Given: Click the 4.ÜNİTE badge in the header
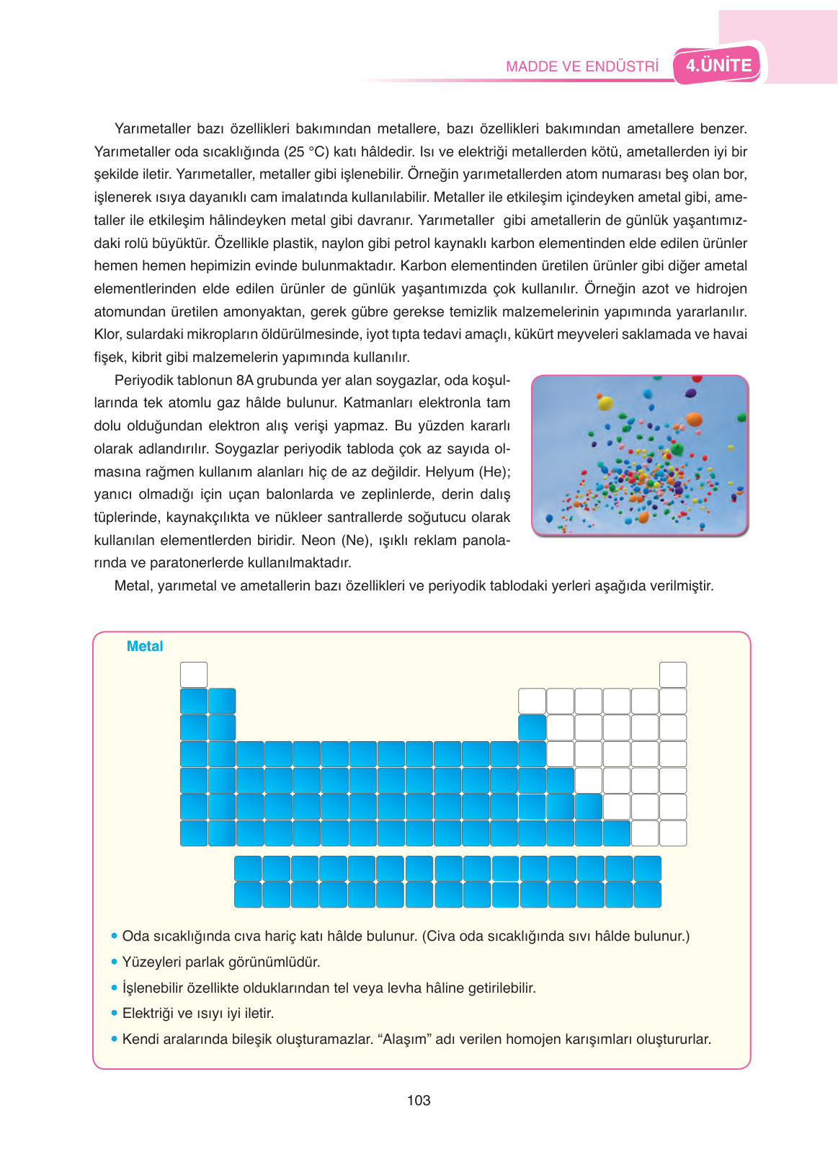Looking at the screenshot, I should coord(718,66).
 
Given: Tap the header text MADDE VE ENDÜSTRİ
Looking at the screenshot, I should coord(582,66).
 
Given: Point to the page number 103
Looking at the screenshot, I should coord(419,1100).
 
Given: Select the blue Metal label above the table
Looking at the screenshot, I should coord(145,646).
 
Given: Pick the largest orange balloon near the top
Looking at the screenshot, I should coord(694,420).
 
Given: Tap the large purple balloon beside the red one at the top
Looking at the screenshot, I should coord(691,393).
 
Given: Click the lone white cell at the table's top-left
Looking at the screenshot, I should coord(194,675).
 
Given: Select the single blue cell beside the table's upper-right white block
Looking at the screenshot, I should coord(532,727).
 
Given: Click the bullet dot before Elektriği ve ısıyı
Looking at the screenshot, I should coord(114,1013).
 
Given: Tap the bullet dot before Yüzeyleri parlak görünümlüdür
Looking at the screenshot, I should coord(114,962).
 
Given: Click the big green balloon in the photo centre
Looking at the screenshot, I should coord(677,449).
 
